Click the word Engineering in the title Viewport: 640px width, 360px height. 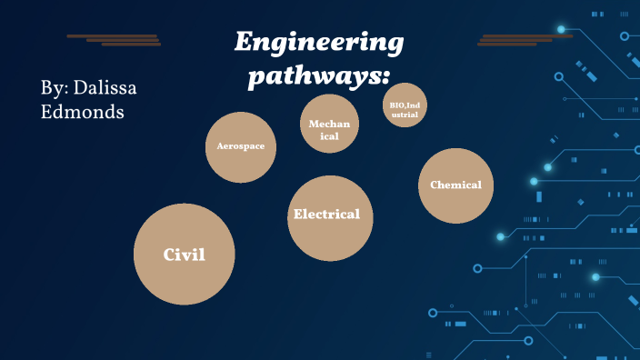pos(319,43)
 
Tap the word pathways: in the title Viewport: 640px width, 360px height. pos(313,76)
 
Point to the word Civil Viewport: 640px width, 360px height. pos(185,255)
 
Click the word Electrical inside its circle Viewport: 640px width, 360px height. pos(327,215)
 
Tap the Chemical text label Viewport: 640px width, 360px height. pos(455,185)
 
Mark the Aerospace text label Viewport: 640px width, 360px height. pos(241,145)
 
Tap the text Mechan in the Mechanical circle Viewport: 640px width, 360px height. pos(329,124)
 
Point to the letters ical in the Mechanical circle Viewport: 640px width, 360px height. pos(329,135)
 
